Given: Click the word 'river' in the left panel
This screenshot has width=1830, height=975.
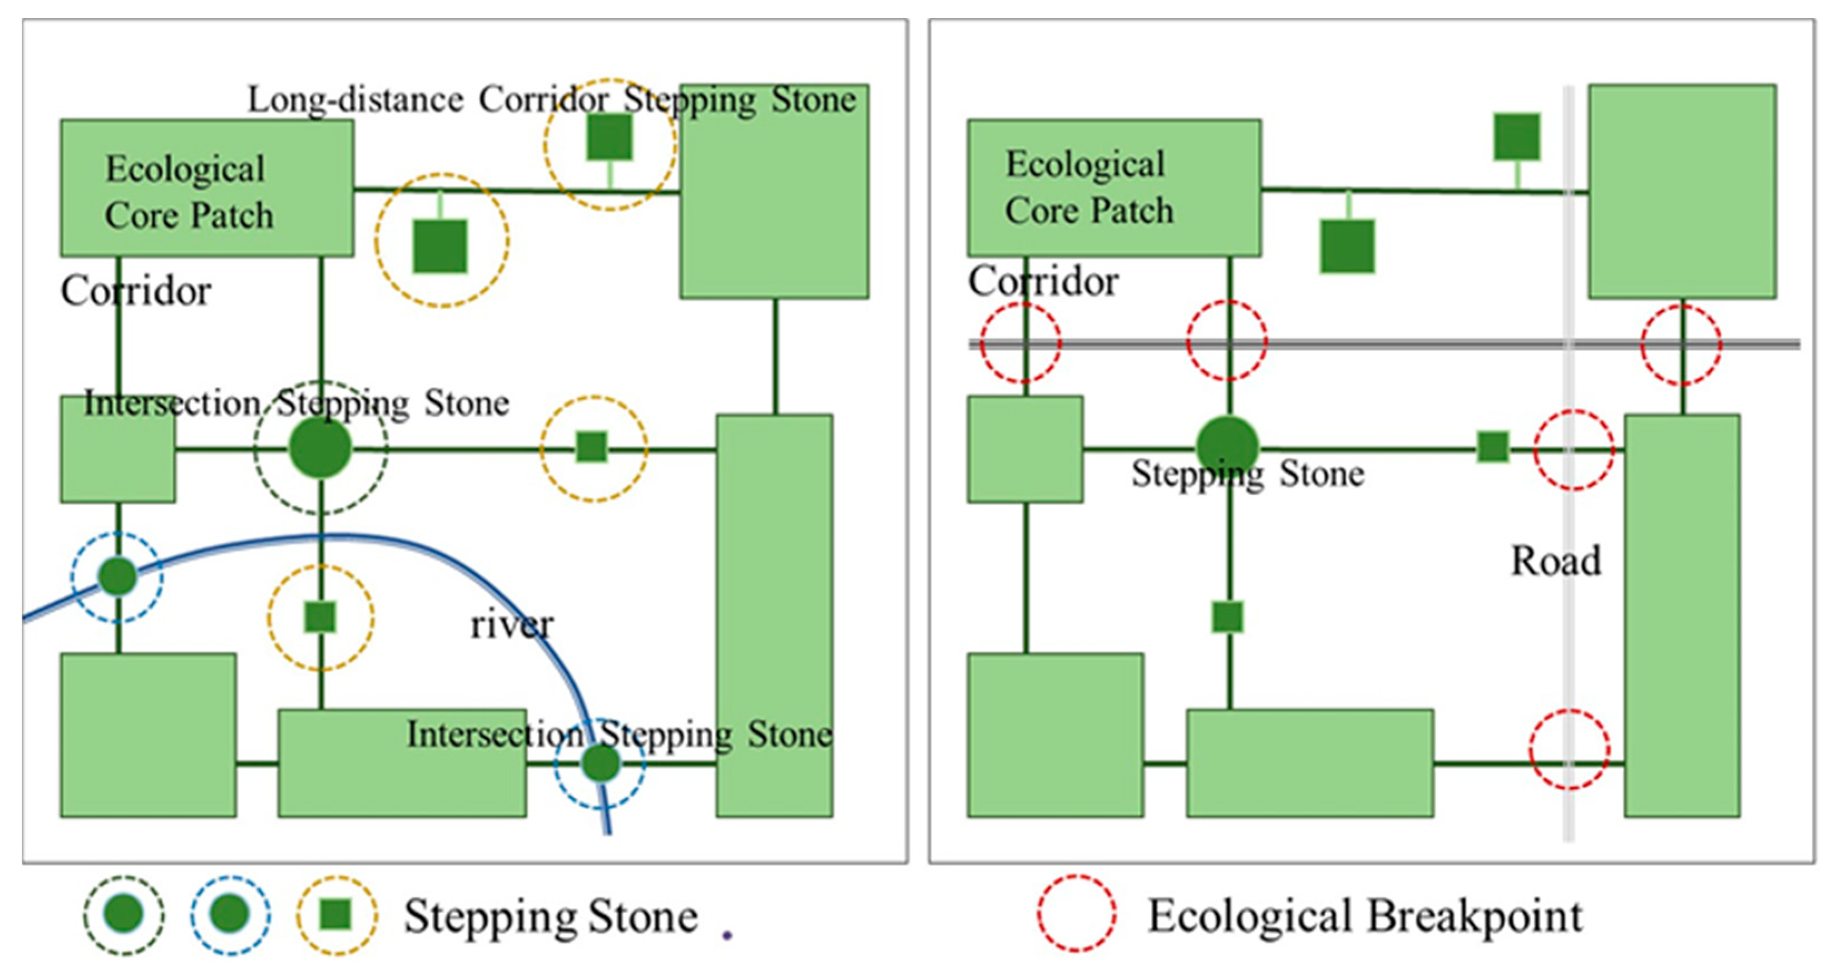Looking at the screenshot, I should (512, 626).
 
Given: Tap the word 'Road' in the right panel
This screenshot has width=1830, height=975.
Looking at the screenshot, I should (1556, 561).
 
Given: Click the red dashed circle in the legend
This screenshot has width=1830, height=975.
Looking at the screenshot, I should (1076, 913).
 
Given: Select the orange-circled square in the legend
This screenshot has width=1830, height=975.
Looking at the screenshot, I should (336, 914).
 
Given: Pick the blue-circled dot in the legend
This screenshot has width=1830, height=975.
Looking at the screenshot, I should (230, 914).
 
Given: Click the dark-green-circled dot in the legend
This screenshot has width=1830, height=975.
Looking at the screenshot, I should (123, 914).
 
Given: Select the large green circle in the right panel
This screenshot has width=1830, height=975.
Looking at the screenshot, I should (1228, 446).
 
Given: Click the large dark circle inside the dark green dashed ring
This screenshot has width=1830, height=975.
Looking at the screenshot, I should (320, 447).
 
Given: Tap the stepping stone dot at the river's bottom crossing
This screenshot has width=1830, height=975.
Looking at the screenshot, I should (601, 764).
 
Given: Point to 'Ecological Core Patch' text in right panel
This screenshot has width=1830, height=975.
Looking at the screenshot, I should (1089, 188).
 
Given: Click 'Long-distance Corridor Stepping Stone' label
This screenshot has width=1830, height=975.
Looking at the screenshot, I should (551, 100).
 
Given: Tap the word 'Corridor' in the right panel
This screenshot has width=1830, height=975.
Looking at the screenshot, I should (1043, 282).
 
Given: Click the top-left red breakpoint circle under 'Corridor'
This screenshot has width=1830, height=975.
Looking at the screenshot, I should (1021, 342).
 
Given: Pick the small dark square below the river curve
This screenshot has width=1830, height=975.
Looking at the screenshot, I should (320, 617).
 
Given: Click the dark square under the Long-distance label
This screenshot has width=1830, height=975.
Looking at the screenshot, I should (610, 137).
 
